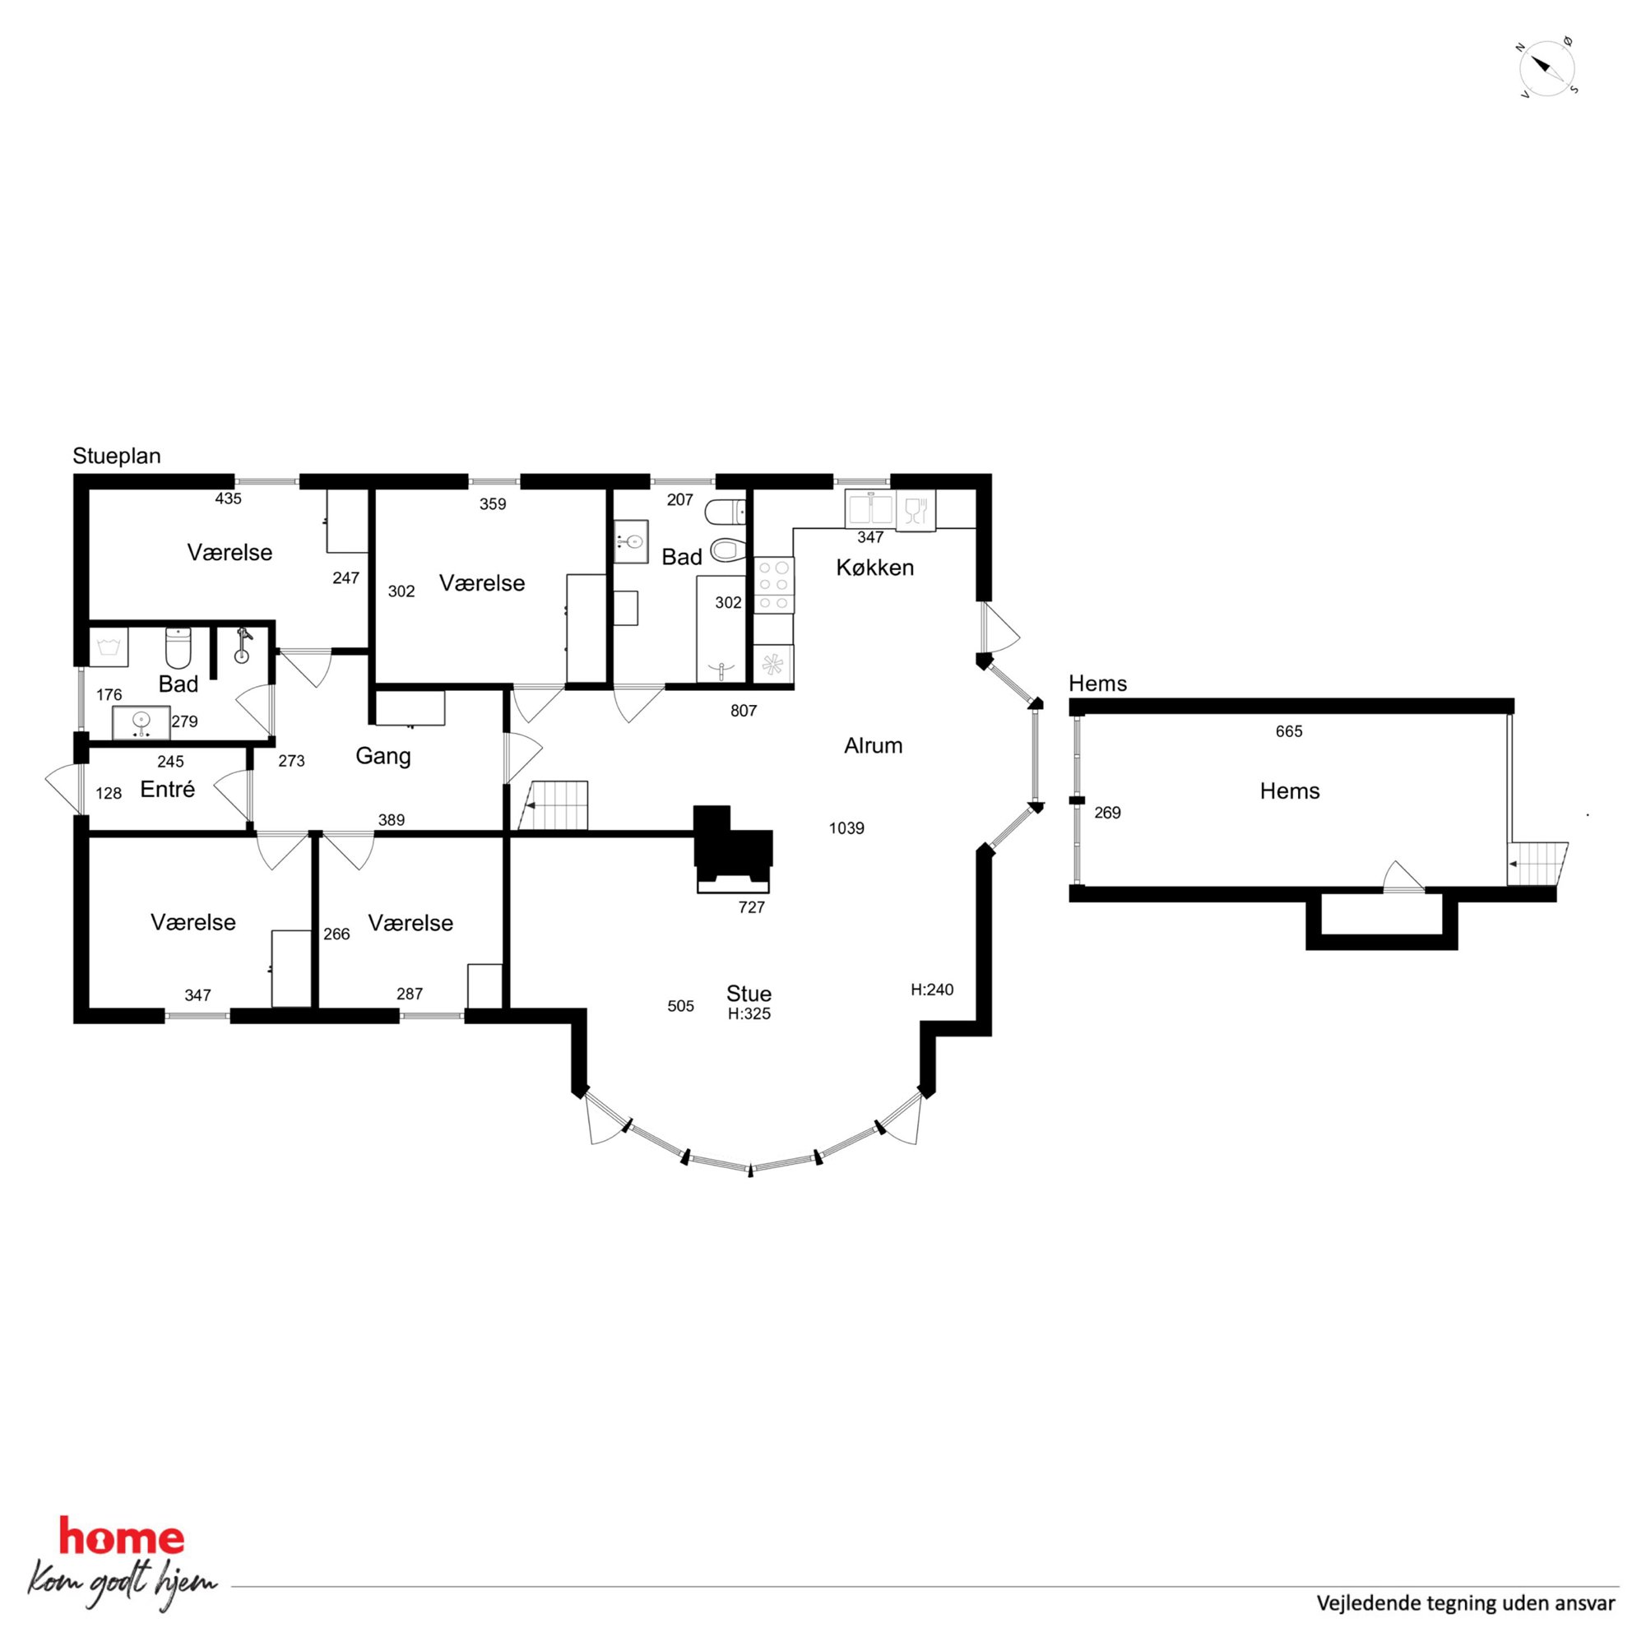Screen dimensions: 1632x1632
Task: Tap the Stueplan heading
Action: coord(117,457)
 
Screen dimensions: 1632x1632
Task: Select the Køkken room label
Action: coord(875,568)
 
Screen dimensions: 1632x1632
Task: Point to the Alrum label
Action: coord(874,745)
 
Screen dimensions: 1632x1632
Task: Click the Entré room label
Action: coord(167,789)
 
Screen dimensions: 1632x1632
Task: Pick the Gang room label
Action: coord(382,756)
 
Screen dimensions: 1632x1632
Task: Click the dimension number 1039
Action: coord(846,828)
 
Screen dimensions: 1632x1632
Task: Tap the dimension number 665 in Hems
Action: coord(1289,731)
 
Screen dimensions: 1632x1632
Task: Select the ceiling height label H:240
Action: coord(932,990)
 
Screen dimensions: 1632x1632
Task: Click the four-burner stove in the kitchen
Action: coord(775,585)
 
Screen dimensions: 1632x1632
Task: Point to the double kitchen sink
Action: coord(870,510)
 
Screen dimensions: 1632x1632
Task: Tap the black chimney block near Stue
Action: coord(732,847)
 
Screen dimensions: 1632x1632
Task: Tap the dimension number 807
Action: coord(744,712)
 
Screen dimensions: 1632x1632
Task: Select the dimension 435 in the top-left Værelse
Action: coord(228,498)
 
